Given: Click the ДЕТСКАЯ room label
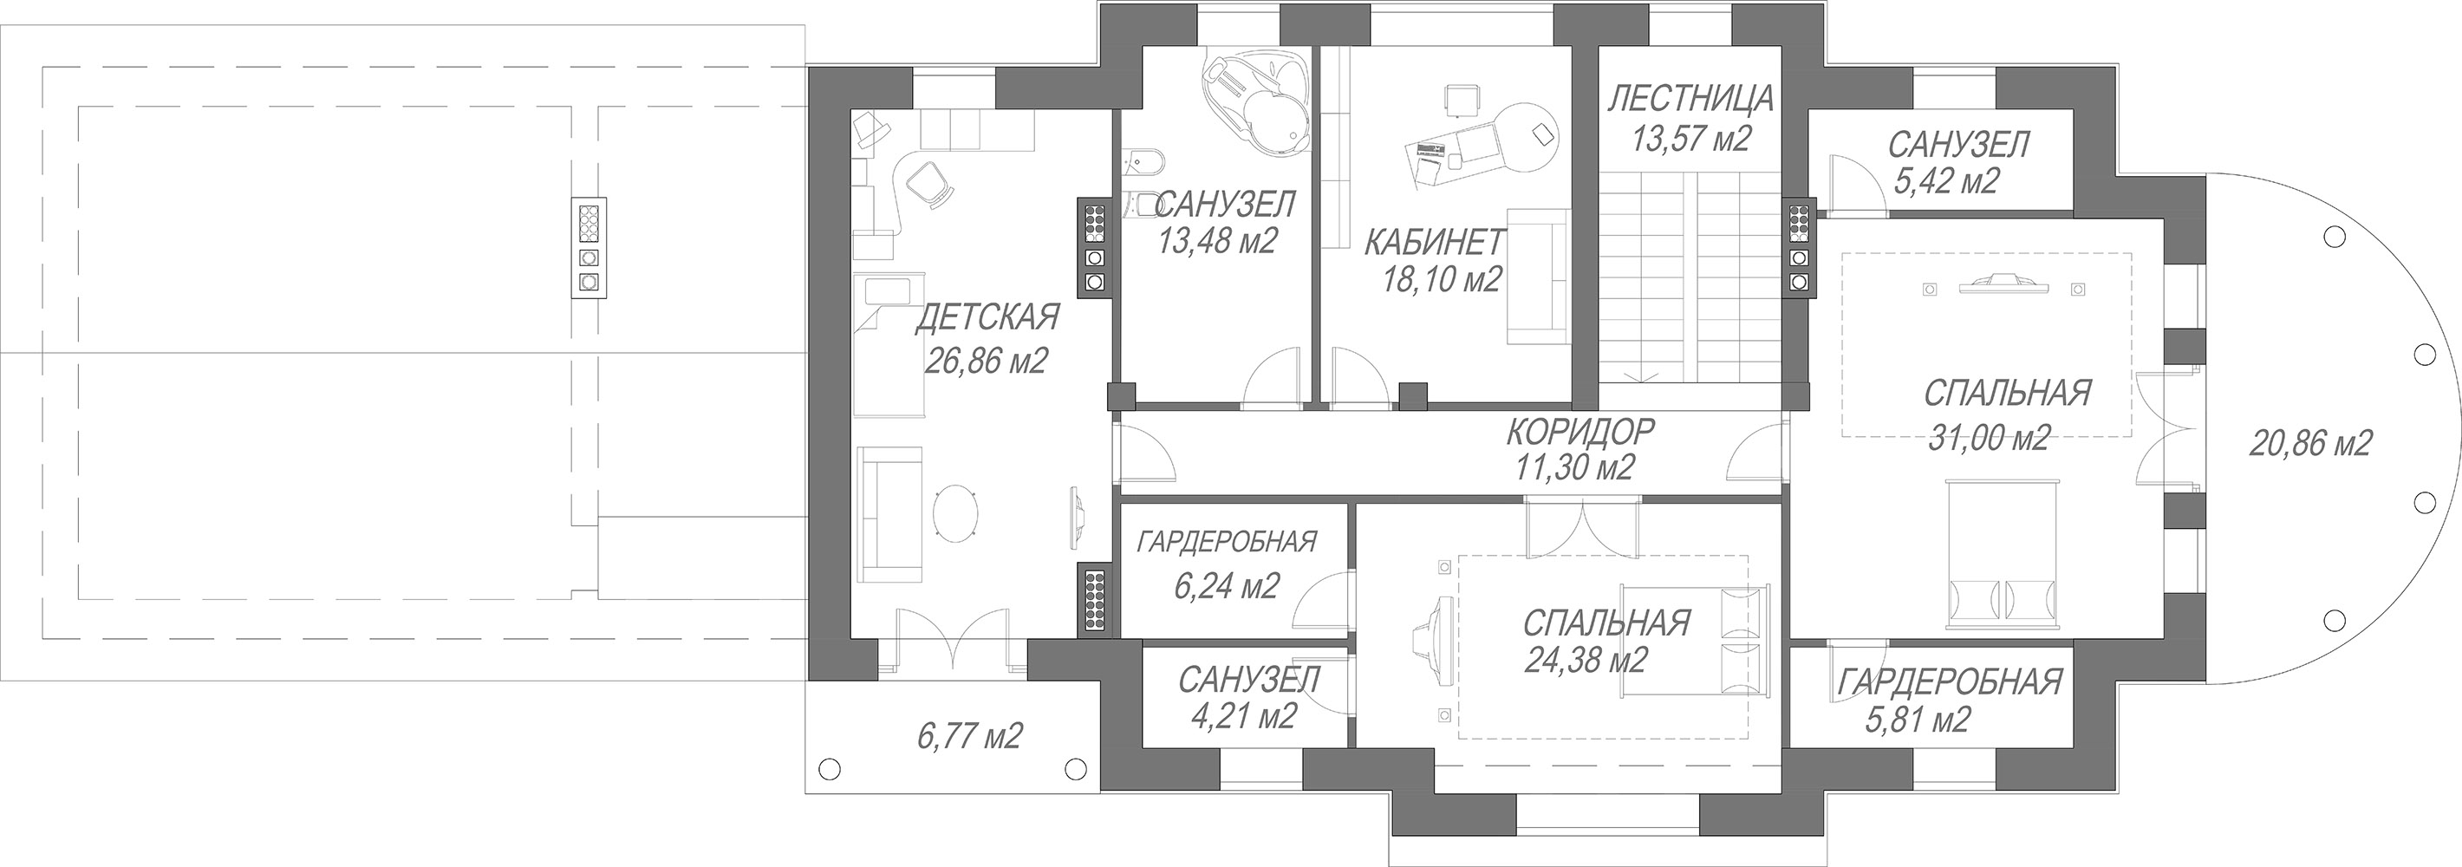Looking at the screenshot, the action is point(987,317).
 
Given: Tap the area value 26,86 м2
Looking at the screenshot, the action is point(987,361).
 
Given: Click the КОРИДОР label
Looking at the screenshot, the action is point(1579,431).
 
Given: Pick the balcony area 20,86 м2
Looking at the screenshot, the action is point(2310,442).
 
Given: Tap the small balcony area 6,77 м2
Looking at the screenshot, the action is point(969,736).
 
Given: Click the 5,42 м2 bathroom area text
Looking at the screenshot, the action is point(1944,180).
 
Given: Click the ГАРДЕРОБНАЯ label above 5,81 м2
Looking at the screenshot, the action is point(1951,681).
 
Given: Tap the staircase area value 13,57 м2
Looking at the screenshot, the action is point(1690,140).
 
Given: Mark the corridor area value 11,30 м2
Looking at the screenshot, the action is point(1574,466).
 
